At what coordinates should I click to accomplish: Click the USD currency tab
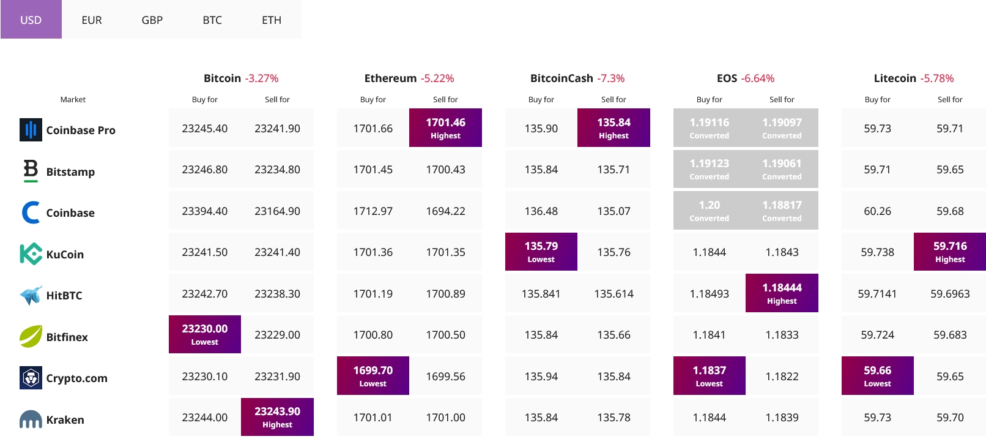(x=31, y=20)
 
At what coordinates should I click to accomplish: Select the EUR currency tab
(x=92, y=20)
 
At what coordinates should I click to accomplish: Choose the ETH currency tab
(x=272, y=20)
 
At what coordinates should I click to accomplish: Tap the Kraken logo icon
(x=31, y=419)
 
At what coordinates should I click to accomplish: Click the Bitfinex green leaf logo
(x=31, y=336)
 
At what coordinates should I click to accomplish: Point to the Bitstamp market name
(x=70, y=171)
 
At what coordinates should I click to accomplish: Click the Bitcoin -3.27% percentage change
(x=262, y=78)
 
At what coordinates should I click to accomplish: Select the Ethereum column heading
(x=390, y=78)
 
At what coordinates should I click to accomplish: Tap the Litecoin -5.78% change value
(x=937, y=78)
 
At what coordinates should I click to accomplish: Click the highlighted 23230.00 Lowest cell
(x=205, y=334)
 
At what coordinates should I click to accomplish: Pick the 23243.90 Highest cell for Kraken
(x=277, y=417)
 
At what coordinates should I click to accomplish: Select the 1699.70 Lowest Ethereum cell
(x=373, y=375)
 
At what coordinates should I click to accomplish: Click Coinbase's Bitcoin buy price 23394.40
(x=205, y=211)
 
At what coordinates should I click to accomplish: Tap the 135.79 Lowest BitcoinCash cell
(x=541, y=252)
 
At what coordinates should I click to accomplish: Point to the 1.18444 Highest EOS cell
(x=782, y=293)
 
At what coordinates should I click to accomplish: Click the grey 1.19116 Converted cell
(x=709, y=128)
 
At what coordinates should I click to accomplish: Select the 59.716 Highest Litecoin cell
(x=950, y=252)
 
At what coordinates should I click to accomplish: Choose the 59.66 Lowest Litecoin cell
(x=877, y=375)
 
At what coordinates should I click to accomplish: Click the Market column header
(x=73, y=100)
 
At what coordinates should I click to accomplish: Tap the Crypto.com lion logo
(x=31, y=378)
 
